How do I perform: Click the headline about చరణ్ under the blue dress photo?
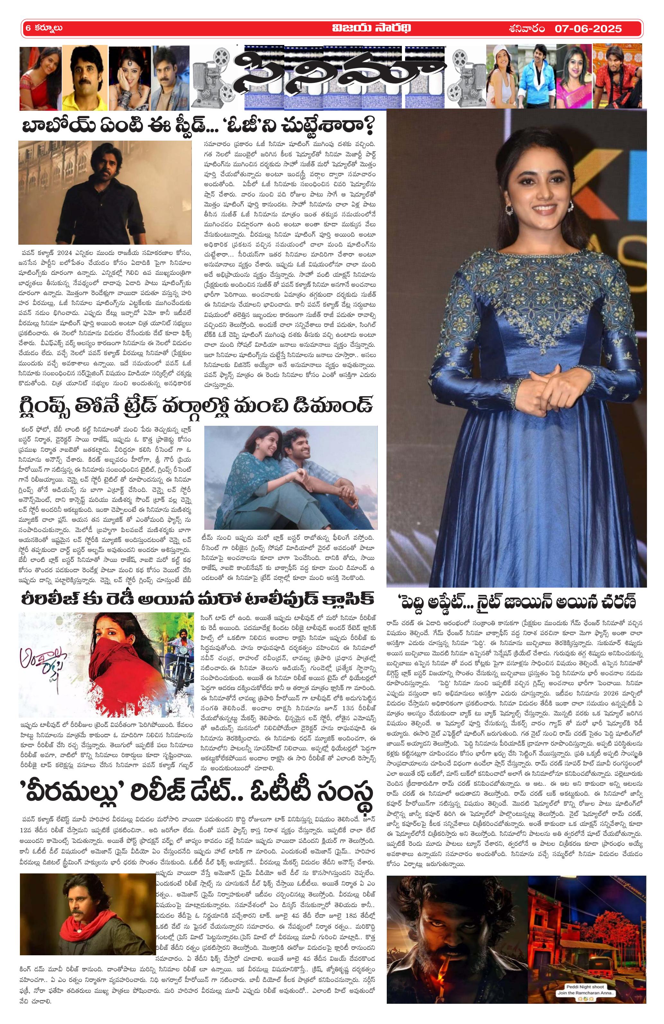pyautogui.click(x=517, y=601)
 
